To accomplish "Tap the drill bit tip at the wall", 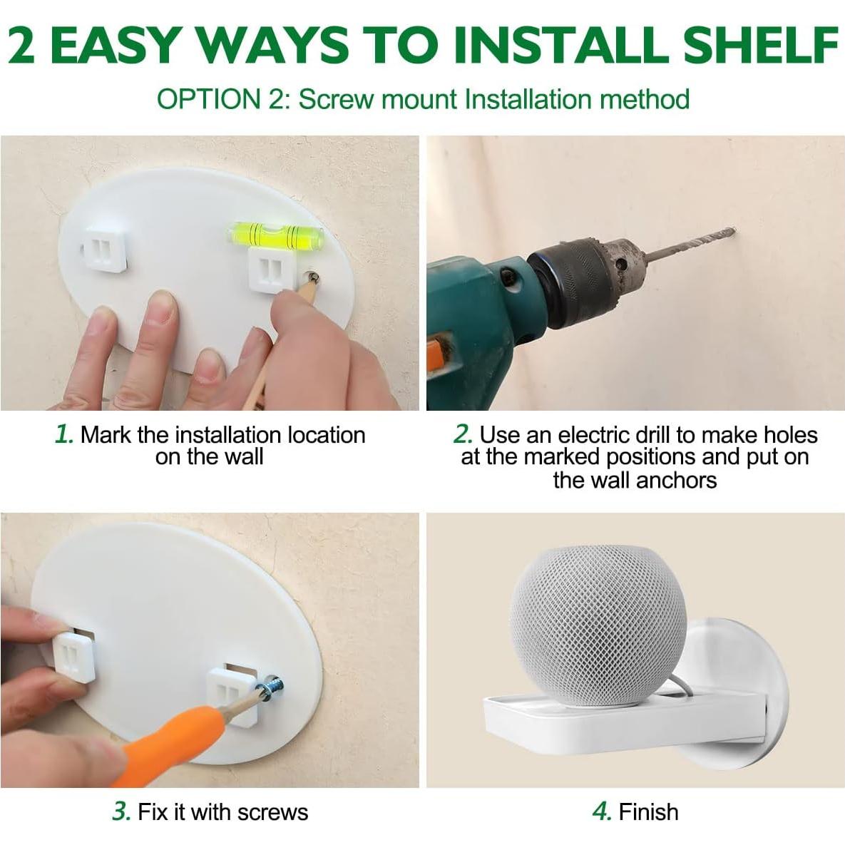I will click(x=732, y=231).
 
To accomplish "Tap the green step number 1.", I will click(x=63, y=434).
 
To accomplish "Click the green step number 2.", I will click(x=463, y=434).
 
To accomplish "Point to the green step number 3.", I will click(x=121, y=811).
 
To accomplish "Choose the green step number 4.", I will click(x=602, y=811).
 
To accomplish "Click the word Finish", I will click(x=648, y=811).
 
